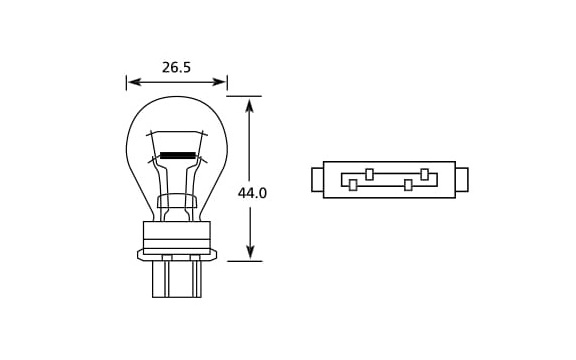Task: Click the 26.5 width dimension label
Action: point(176,68)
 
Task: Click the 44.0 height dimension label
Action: point(252,193)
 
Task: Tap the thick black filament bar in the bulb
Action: point(177,155)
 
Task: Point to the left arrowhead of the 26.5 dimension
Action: point(134,82)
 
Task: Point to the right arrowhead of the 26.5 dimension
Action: point(219,82)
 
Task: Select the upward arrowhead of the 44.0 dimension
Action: point(250,105)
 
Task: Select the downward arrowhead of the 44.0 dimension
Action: point(250,252)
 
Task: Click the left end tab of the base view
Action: point(317,180)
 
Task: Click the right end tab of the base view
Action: point(462,180)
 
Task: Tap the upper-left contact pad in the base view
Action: point(370,174)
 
